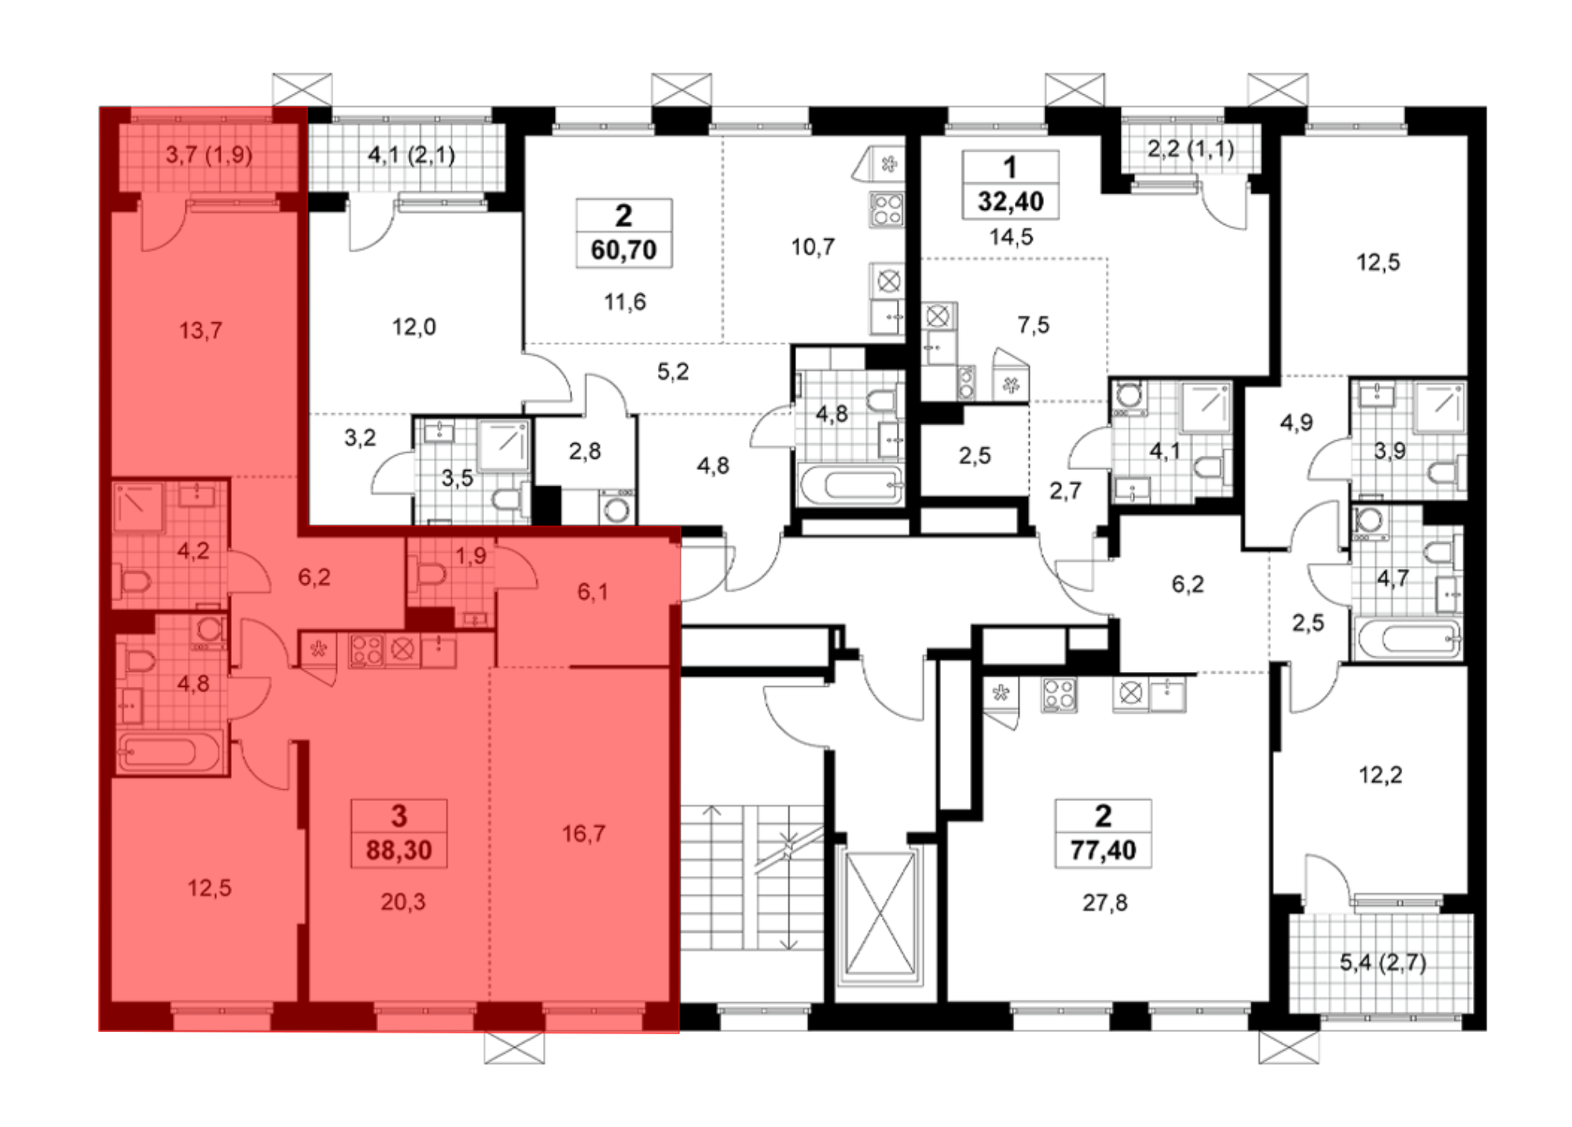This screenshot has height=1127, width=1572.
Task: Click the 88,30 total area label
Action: [399, 850]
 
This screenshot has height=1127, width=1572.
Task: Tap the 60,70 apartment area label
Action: [623, 250]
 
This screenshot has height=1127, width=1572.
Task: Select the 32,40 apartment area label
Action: [1011, 201]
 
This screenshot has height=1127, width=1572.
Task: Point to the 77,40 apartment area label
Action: [1104, 850]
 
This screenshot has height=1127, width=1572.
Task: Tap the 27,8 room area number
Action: [1104, 903]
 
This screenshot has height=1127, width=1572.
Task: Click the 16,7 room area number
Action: [583, 833]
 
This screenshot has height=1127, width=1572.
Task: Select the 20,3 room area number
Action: [402, 901]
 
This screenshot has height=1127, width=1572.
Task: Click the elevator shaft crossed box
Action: [881, 916]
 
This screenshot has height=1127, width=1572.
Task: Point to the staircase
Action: [751, 877]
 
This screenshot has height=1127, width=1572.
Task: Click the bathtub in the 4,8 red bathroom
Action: [167, 753]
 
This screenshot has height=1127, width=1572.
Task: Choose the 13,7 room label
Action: [200, 331]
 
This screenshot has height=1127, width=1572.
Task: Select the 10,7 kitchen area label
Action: [813, 248]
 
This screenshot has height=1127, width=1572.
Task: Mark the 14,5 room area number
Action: [1011, 237]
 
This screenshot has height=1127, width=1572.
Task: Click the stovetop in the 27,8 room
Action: [1059, 695]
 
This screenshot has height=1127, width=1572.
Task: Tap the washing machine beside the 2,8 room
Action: [617, 508]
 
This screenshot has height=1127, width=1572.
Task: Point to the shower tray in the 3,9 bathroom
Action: [1438, 408]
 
